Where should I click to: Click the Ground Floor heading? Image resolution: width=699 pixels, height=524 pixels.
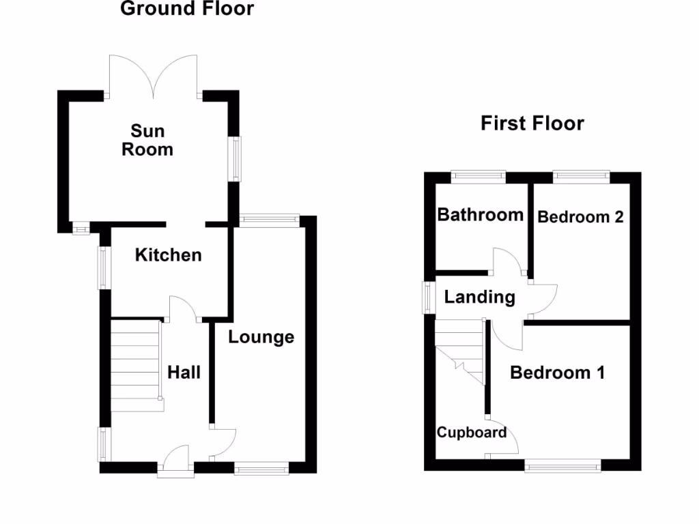pyautogui.click(x=186, y=9)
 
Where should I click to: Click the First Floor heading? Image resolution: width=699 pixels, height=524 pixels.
pyautogui.click(x=532, y=123)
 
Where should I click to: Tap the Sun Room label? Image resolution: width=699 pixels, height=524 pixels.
pyautogui.click(x=147, y=140)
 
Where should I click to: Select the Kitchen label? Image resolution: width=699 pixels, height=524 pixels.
pyautogui.click(x=168, y=255)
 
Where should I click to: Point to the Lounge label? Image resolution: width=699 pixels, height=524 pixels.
pyautogui.click(x=261, y=337)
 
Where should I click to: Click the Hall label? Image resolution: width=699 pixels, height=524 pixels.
pyautogui.click(x=184, y=373)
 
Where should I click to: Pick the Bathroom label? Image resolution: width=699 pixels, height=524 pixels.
pyautogui.click(x=480, y=215)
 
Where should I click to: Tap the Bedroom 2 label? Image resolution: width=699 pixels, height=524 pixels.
pyautogui.click(x=580, y=217)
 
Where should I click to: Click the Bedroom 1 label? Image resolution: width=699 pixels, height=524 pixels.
pyautogui.click(x=557, y=373)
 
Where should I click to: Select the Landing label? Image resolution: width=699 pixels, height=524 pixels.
pyautogui.click(x=479, y=297)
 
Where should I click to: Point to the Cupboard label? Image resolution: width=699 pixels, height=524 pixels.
pyautogui.click(x=472, y=433)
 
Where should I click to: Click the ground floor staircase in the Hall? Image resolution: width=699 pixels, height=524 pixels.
pyautogui.click(x=137, y=365)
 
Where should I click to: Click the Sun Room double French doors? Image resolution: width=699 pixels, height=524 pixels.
pyautogui.click(x=154, y=75)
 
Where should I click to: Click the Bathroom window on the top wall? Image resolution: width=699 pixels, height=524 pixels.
pyautogui.click(x=478, y=176)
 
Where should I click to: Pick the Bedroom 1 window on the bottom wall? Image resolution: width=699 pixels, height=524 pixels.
pyautogui.click(x=562, y=466)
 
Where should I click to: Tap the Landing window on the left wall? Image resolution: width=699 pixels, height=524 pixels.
pyautogui.click(x=428, y=297)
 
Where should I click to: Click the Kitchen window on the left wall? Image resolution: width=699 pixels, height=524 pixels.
pyautogui.click(x=104, y=267)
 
